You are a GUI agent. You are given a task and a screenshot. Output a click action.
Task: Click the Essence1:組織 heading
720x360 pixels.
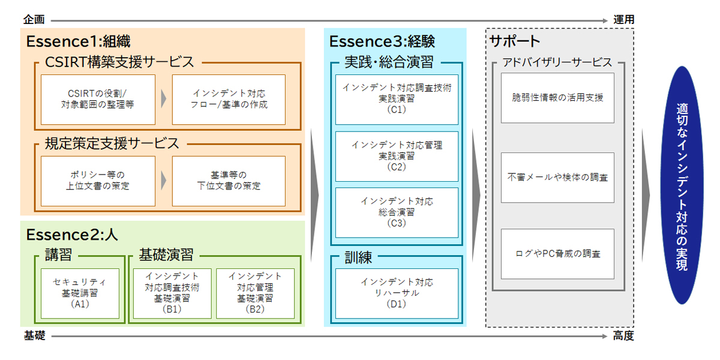pos(78,41)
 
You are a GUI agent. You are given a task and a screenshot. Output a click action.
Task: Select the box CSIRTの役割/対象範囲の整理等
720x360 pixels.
pos(98,100)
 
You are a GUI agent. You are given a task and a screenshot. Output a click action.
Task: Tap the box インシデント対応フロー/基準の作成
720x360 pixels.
pos(229,100)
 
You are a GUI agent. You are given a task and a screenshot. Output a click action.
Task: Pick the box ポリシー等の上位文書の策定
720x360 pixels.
pos(98,181)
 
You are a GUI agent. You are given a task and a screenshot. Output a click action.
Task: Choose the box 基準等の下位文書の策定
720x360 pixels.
pos(229,181)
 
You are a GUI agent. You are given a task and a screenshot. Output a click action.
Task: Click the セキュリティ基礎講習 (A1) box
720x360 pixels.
pos(80,293)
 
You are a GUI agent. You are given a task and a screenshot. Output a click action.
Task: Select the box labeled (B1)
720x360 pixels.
pos(172,293)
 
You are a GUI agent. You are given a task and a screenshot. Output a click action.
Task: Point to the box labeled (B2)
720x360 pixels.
pos(255,293)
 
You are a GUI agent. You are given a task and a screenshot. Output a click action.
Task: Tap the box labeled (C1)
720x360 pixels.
pos(397,99)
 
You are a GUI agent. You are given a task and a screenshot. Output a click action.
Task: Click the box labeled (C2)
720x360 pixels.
pos(397,156)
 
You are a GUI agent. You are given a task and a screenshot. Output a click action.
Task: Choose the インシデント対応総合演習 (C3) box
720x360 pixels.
pos(397,212)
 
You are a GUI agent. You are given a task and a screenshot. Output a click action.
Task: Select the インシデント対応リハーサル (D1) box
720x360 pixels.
pos(397,293)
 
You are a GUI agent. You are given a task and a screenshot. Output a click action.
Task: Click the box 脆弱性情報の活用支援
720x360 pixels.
pos(557,98)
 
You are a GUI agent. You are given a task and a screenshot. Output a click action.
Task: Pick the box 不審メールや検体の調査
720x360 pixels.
pos(557,178)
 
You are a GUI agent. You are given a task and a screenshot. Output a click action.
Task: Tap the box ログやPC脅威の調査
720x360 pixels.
pos(557,254)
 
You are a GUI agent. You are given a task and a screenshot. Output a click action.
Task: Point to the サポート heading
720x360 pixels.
pos(515,41)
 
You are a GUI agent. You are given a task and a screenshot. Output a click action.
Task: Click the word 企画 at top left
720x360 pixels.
pos(34,20)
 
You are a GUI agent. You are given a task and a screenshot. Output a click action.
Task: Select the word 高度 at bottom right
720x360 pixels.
pos(623,336)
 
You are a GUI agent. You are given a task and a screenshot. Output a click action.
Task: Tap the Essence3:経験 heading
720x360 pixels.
pos(382,41)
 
